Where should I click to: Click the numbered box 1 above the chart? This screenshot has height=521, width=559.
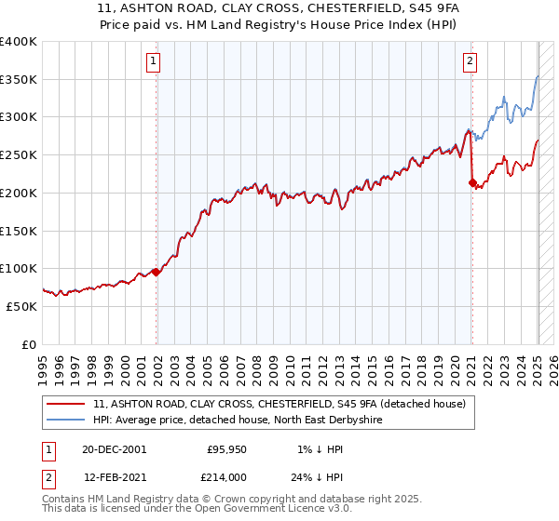coord(153,62)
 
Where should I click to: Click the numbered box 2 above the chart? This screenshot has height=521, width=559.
coord(470,62)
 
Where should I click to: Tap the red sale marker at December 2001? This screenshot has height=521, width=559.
coord(157,271)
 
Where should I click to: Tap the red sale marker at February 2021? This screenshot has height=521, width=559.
coord(471,182)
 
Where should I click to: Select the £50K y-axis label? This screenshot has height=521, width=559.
coord(21,306)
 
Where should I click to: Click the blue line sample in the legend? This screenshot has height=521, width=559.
coord(65,421)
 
